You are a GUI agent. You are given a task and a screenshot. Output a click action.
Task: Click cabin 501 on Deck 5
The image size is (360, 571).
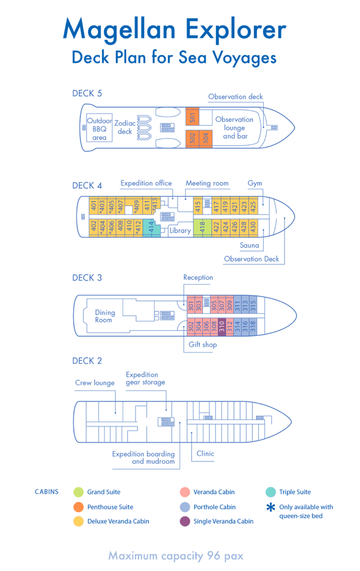click(x=192, y=117)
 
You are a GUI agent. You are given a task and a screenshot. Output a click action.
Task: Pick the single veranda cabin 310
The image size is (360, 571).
click(x=222, y=326)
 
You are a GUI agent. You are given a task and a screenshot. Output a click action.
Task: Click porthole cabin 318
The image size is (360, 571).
click(x=253, y=326)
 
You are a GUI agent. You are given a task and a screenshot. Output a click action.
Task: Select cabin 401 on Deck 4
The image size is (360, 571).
click(x=94, y=206)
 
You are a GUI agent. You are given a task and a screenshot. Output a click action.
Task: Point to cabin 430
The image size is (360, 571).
click(x=253, y=227)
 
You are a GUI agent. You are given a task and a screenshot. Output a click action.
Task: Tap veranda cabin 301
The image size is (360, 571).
click(x=191, y=306)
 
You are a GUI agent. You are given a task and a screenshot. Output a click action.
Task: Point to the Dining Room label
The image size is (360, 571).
click(x=105, y=316)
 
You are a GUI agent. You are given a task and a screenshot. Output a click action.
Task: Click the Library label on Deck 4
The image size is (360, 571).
click(x=180, y=231)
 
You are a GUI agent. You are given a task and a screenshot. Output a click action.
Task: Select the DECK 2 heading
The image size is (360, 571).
click(x=87, y=361)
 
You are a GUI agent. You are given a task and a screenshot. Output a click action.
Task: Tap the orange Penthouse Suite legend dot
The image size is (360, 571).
click(x=78, y=507)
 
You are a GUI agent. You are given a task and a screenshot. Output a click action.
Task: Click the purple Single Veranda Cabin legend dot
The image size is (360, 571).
click(x=184, y=521)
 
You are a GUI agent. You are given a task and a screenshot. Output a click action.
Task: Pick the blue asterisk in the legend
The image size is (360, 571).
click(x=271, y=507)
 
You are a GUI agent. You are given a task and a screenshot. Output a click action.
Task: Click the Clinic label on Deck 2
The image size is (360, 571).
click(x=205, y=454)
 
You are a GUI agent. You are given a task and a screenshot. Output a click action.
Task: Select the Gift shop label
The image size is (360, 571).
click(x=203, y=344)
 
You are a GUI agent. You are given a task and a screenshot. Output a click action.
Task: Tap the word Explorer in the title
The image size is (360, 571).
click(x=236, y=29)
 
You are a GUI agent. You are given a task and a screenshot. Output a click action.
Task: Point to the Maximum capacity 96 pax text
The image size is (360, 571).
click(x=175, y=556)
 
